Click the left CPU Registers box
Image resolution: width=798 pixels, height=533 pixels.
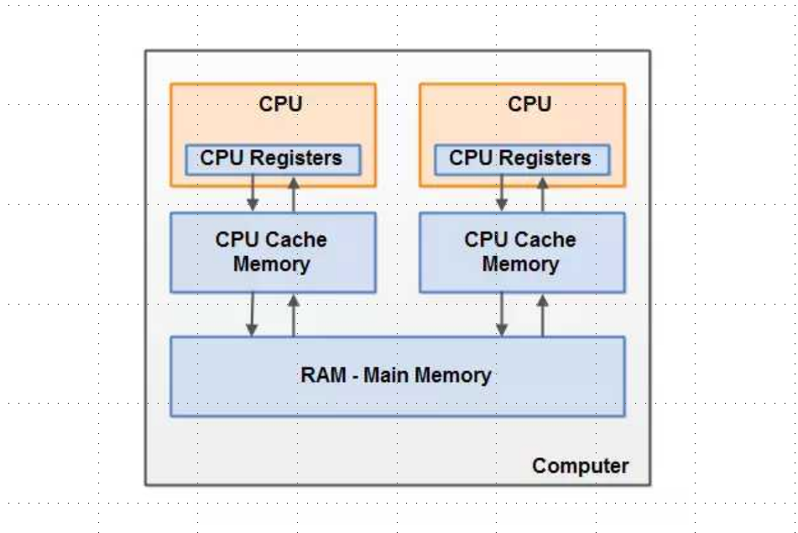point(272,159)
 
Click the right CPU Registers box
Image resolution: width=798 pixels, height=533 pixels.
point(521,159)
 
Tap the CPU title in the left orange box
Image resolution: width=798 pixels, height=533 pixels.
point(280,105)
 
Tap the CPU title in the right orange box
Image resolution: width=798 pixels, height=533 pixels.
point(529,105)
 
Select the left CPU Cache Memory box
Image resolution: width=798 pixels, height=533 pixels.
point(272,252)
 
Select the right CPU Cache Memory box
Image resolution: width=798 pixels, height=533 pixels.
point(521,252)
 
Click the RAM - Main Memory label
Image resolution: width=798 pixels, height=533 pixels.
point(396,375)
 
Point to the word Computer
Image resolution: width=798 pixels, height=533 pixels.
point(580,466)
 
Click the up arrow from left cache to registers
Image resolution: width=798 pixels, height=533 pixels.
point(293,194)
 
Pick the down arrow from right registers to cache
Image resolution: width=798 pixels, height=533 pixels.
point(502,194)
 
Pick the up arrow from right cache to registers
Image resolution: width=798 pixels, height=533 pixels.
point(542,194)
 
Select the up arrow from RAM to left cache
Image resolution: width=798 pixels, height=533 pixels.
point(293,315)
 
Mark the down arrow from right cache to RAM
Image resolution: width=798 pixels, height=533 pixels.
point(502,315)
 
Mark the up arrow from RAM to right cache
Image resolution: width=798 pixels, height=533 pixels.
point(542,315)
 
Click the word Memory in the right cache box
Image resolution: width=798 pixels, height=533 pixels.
point(520,264)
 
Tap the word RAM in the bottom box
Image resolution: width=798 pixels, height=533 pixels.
point(323,375)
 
